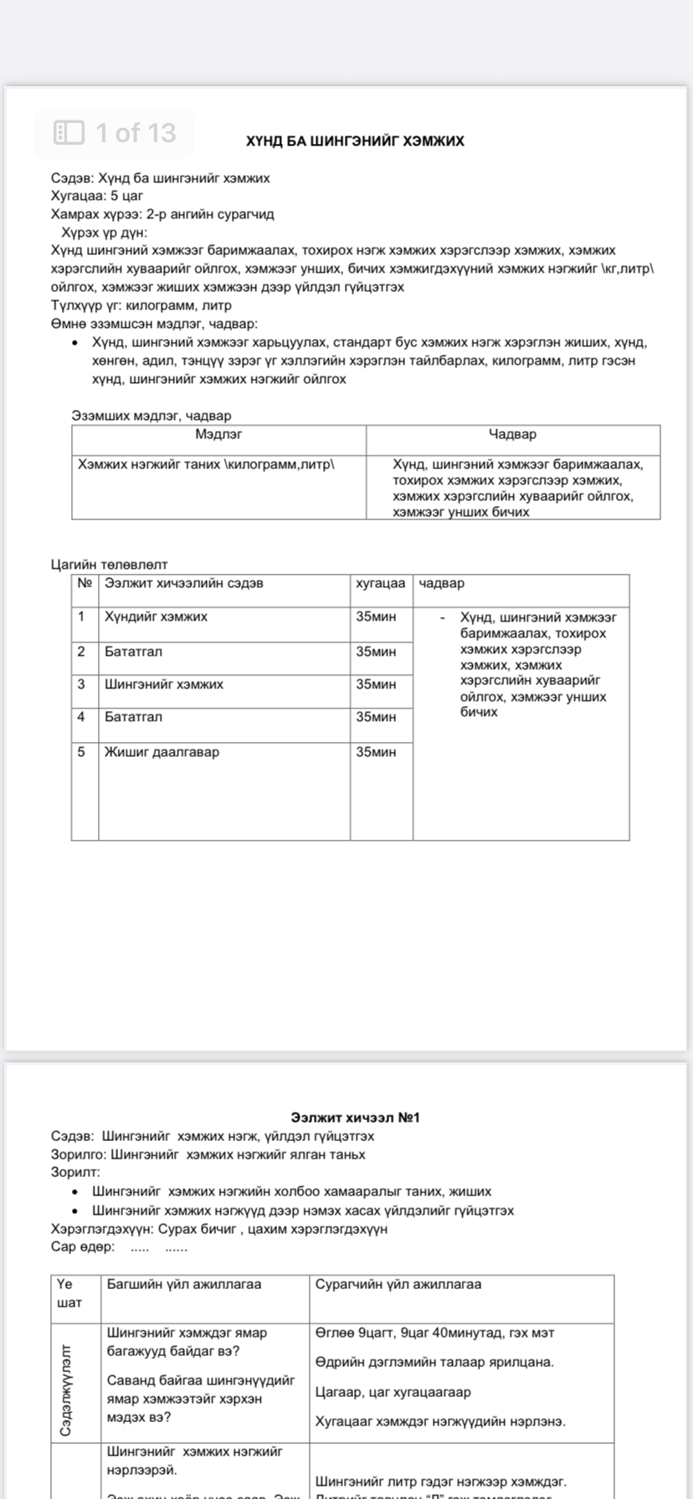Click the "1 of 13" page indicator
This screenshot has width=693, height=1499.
(115, 133)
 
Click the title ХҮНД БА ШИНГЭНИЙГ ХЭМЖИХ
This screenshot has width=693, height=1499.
(355, 141)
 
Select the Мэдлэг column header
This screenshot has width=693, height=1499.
(218, 434)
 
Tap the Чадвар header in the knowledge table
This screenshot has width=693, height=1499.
(512, 434)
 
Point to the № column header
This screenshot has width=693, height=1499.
(85, 583)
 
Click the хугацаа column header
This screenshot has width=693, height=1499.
(381, 583)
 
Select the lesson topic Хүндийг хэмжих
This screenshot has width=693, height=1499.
(156, 616)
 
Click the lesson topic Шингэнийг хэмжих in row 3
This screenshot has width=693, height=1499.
(164, 684)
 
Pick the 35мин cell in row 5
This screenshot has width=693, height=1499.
(376, 752)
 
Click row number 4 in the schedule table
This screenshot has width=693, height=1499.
(81, 717)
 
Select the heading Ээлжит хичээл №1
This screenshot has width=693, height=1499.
(355, 1118)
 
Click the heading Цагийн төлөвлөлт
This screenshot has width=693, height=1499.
(109, 565)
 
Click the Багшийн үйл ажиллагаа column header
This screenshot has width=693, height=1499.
(184, 1284)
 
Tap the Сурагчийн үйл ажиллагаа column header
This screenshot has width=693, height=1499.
(398, 1284)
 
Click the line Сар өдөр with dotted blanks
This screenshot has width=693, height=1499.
(119, 1246)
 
